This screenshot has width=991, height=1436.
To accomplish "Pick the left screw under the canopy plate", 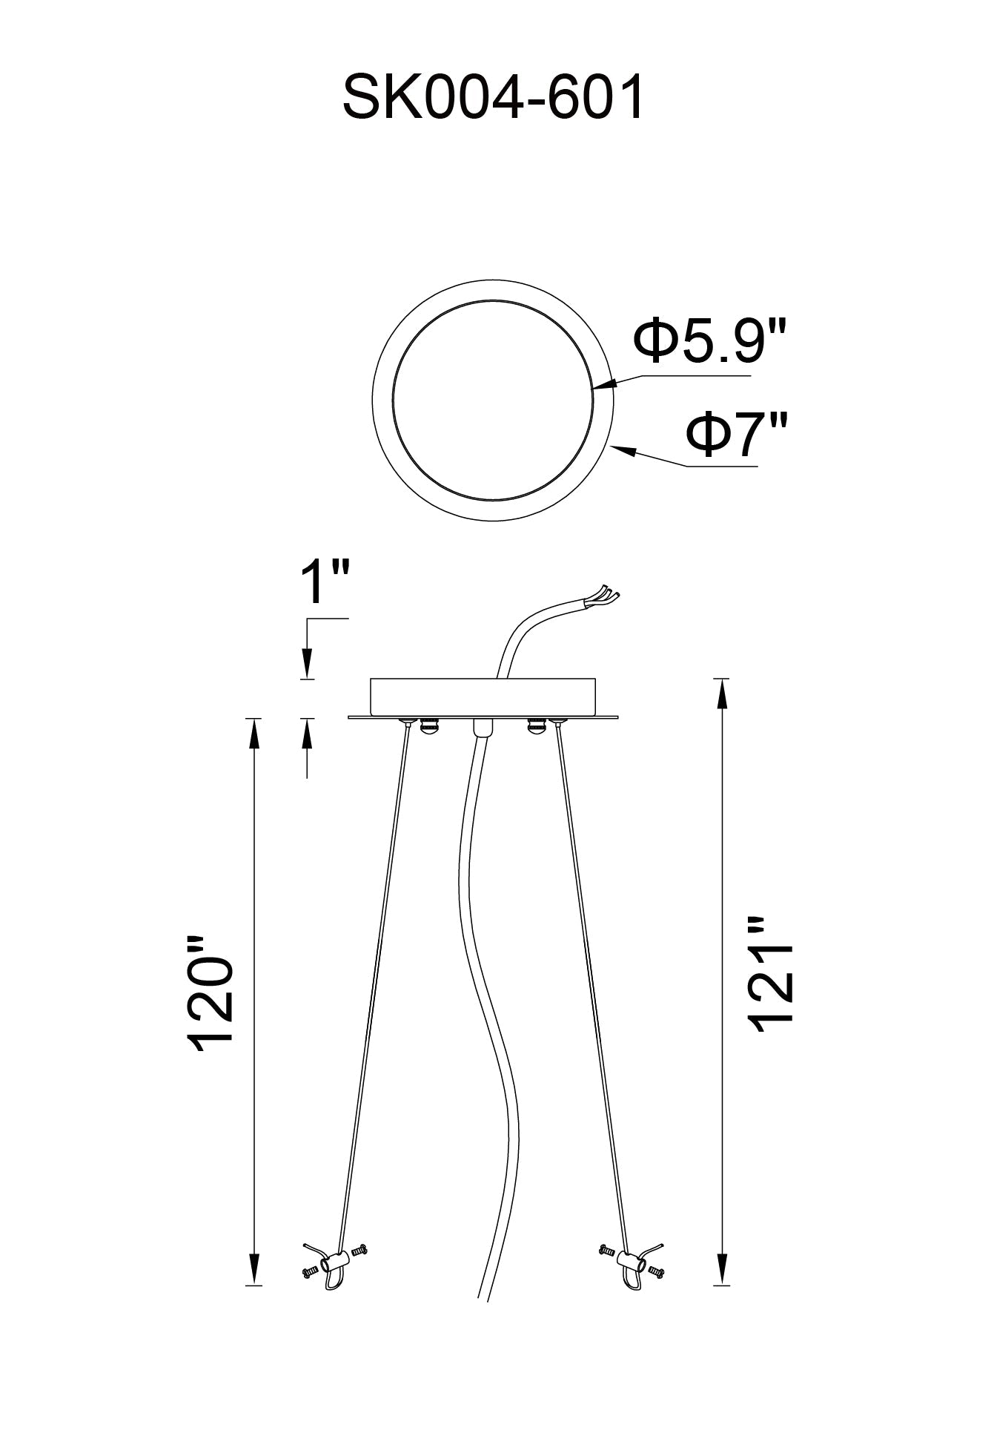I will point(428,726).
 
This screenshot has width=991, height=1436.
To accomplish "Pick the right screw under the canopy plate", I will point(532,726).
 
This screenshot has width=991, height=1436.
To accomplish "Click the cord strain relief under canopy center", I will point(480,727).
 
